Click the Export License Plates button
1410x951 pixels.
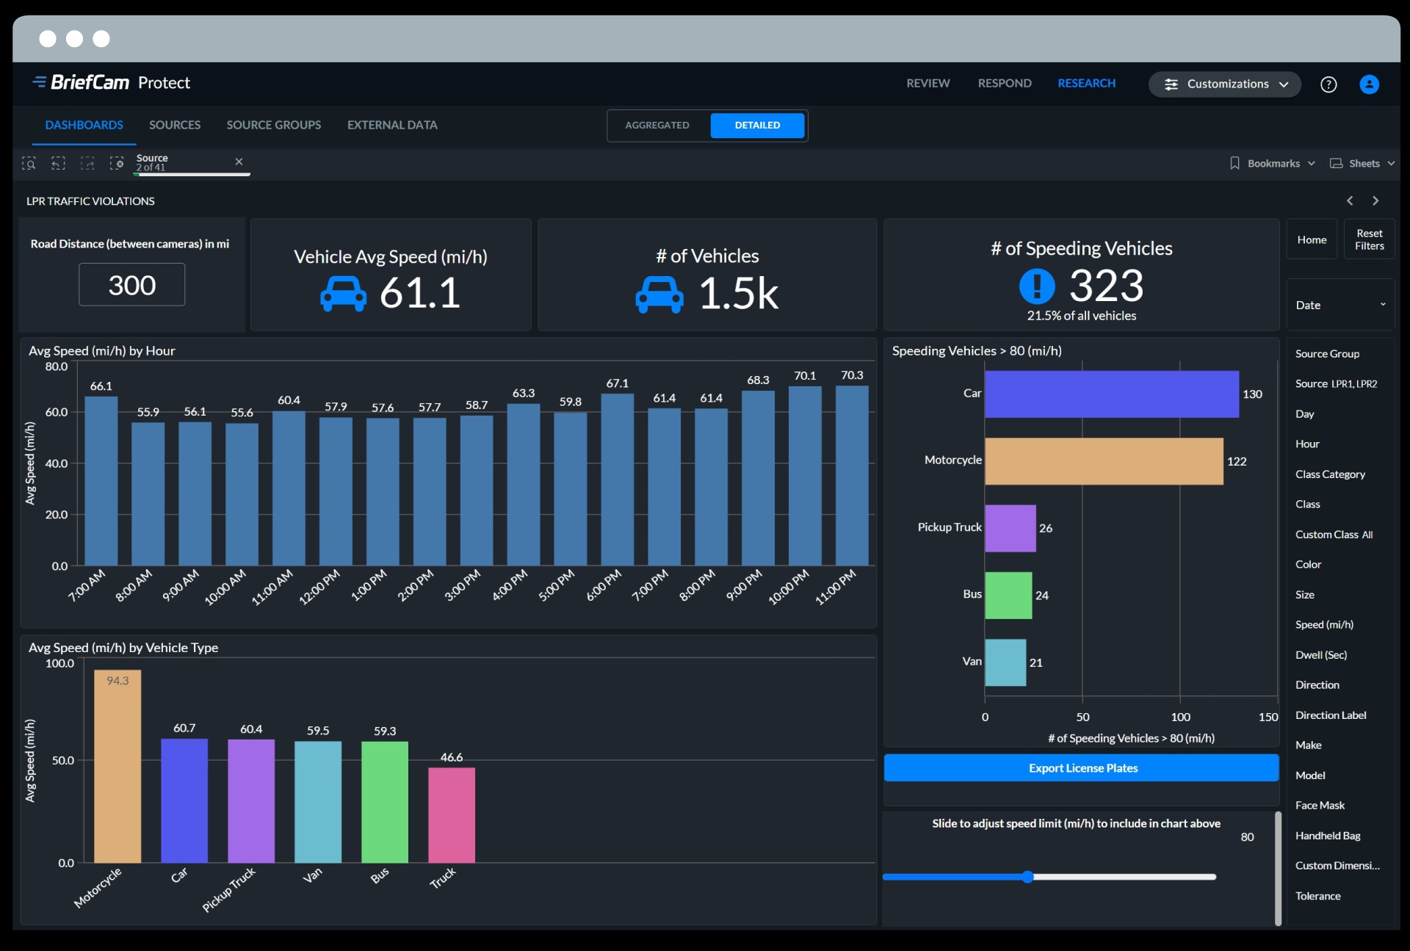click(x=1082, y=768)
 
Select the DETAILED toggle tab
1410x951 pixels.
click(x=757, y=126)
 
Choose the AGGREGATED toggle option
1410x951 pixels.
click(x=657, y=126)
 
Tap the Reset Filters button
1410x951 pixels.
click(x=1369, y=239)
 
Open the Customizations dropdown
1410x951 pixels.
click(x=1225, y=84)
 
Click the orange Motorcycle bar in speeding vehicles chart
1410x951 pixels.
click(x=1103, y=461)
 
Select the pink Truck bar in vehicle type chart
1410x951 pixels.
click(x=451, y=815)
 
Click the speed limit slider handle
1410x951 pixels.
click(x=1028, y=877)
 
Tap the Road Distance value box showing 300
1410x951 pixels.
click(x=132, y=285)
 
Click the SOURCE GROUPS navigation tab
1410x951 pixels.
click(x=273, y=126)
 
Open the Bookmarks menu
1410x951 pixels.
click(x=1273, y=164)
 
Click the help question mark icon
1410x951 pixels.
click(x=1328, y=84)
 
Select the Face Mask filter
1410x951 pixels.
click(x=1320, y=806)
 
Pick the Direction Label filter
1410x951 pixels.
click(x=1330, y=715)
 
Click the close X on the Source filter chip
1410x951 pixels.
click(x=239, y=162)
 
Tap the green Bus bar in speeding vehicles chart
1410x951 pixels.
click(x=1008, y=595)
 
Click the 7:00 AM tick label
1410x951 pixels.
click(x=87, y=585)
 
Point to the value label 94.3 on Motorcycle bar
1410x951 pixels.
click(x=117, y=681)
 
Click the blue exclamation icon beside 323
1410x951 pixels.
click(x=1037, y=286)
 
